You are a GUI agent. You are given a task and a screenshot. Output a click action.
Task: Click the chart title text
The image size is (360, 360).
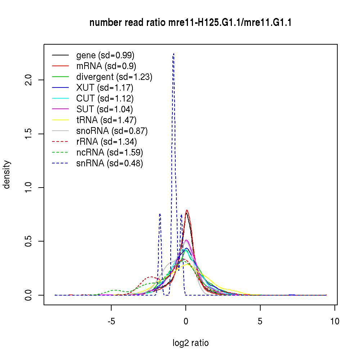190,23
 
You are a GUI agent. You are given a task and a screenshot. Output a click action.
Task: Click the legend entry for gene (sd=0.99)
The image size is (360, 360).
105,55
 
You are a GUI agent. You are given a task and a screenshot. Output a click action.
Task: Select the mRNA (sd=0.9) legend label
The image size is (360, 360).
106,66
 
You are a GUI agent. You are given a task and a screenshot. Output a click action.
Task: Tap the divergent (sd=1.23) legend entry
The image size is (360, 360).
114,77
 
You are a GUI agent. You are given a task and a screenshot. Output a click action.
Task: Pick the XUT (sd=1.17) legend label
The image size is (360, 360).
105,88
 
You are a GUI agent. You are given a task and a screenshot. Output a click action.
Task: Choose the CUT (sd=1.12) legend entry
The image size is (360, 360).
105,99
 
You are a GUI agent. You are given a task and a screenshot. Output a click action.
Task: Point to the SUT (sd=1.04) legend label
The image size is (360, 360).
105,109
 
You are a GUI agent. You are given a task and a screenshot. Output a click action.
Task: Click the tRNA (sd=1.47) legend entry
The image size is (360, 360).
106,120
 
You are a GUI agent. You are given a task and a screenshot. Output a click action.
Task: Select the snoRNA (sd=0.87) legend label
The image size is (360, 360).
112,131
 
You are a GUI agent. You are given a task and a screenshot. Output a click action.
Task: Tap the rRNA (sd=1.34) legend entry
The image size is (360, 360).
107,142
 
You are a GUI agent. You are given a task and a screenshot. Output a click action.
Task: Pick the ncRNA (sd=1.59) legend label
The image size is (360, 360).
110,153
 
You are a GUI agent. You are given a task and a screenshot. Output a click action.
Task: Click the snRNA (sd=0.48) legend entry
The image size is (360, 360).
110,163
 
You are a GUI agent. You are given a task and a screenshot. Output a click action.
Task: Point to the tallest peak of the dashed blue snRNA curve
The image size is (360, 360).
174,54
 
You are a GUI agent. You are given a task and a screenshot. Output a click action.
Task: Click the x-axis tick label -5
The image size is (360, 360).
111,321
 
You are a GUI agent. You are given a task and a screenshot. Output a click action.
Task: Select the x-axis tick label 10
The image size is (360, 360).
335,321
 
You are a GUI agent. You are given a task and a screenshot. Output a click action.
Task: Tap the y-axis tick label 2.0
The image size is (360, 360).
30,80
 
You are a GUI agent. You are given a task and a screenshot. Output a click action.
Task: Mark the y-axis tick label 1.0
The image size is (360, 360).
30,188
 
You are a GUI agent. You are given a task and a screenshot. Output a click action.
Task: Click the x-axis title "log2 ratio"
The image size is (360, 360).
190,343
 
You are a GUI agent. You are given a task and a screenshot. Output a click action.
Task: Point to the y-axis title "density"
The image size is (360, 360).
7,175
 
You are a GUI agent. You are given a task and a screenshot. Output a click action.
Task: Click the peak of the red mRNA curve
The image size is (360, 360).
187,210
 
